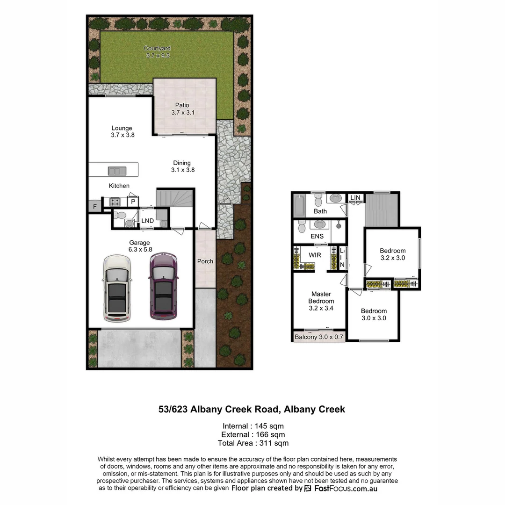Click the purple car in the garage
coord(163,286)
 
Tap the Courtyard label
coord(157,51)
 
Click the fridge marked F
coord(95,206)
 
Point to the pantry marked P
coord(133,202)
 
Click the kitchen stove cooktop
coord(115,202)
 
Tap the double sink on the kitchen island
coord(117,171)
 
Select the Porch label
coord(205,261)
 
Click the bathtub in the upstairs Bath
coord(299,205)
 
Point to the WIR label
coord(314,255)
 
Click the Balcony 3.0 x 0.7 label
coord(318,337)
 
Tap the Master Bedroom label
coord(321,301)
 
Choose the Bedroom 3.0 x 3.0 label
coord(374,314)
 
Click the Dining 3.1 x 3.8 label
coord(182,166)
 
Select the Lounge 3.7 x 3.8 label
coord(122,131)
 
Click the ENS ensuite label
coord(317,237)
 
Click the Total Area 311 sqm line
coord(253,443)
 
